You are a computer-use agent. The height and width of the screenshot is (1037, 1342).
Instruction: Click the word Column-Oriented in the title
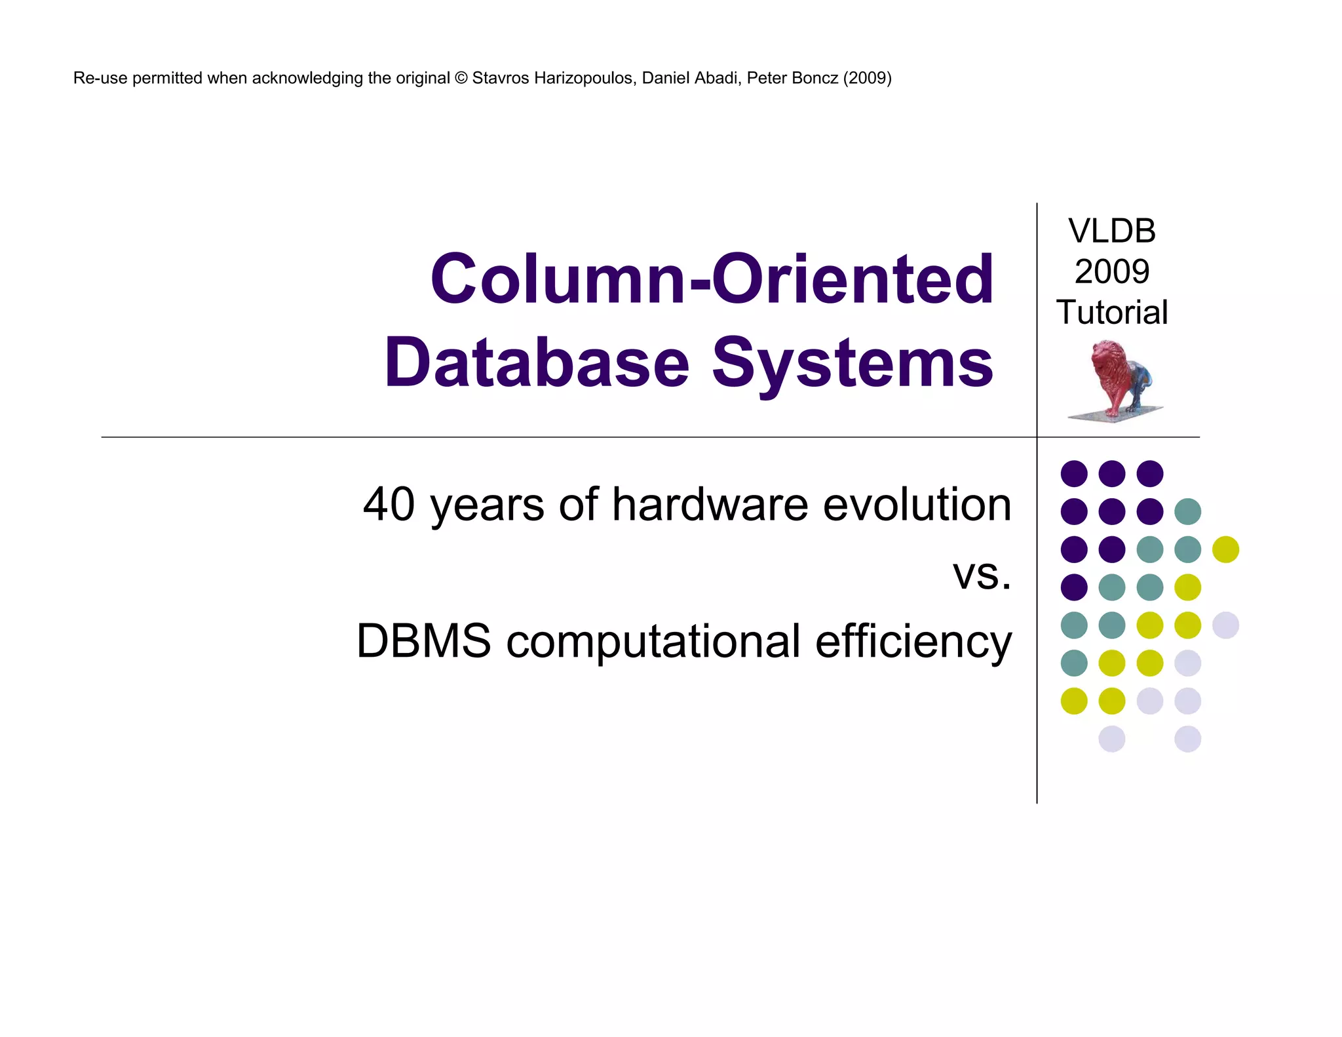(x=712, y=279)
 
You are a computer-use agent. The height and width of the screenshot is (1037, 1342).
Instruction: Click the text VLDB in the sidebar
(x=1111, y=231)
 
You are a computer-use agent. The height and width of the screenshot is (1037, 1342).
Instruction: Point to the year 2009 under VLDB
(x=1111, y=271)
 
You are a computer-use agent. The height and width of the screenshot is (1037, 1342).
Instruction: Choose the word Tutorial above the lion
(x=1111, y=312)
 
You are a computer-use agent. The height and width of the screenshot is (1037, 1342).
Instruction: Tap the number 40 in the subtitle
(x=389, y=504)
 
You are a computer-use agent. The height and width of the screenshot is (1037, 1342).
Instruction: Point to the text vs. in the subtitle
(x=982, y=574)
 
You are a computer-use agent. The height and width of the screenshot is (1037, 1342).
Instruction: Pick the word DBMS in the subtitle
(x=423, y=640)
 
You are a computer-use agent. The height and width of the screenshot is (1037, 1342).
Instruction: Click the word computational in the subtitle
(x=653, y=642)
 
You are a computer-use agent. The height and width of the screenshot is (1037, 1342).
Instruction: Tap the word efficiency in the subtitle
(x=913, y=642)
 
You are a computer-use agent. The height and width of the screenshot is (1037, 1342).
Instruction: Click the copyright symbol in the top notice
(x=461, y=78)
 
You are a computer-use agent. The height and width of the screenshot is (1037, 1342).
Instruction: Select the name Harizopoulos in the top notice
(x=584, y=78)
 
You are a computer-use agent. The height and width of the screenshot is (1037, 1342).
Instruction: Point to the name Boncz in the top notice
(x=812, y=78)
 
